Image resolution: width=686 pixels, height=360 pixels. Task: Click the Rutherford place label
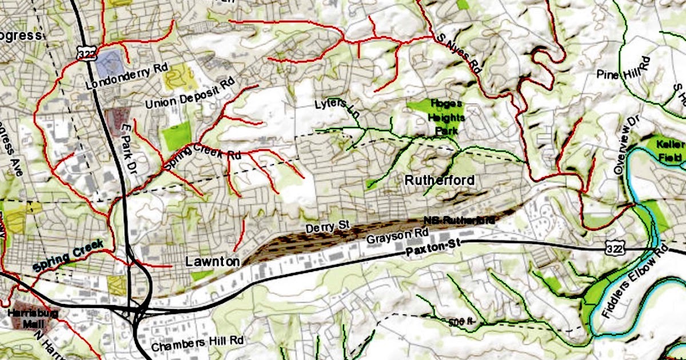pyautogui.click(x=439, y=181)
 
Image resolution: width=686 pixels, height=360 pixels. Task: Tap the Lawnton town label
pyautogui.click(x=213, y=262)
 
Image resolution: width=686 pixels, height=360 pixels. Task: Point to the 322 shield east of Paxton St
pyautogui.click(x=613, y=245)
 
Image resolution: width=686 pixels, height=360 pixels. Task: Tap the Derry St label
pyautogui.click(x=327, y=227)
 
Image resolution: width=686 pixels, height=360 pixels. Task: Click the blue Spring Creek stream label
pyautogui.click(x=68, y=255)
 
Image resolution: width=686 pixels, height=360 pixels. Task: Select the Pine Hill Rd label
pyautogui.click(x=624, y=70)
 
